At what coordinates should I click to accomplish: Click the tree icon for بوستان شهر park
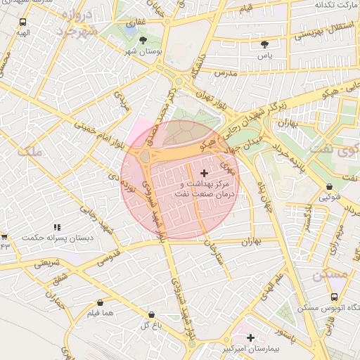[144, 41]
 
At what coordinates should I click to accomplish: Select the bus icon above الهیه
[24, 22]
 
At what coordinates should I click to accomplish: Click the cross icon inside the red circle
[205, 173]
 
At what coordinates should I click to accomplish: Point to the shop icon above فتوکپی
[330, 186]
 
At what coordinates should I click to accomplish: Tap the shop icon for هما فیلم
[101, 302]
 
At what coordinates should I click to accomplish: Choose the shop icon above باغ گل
[151, 314]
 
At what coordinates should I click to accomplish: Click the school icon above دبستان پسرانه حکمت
[57, 227]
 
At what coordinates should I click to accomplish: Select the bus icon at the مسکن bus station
[333, 297]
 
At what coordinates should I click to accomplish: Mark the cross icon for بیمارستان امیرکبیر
[251, 337]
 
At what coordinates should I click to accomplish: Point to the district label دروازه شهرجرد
[74, 23]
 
